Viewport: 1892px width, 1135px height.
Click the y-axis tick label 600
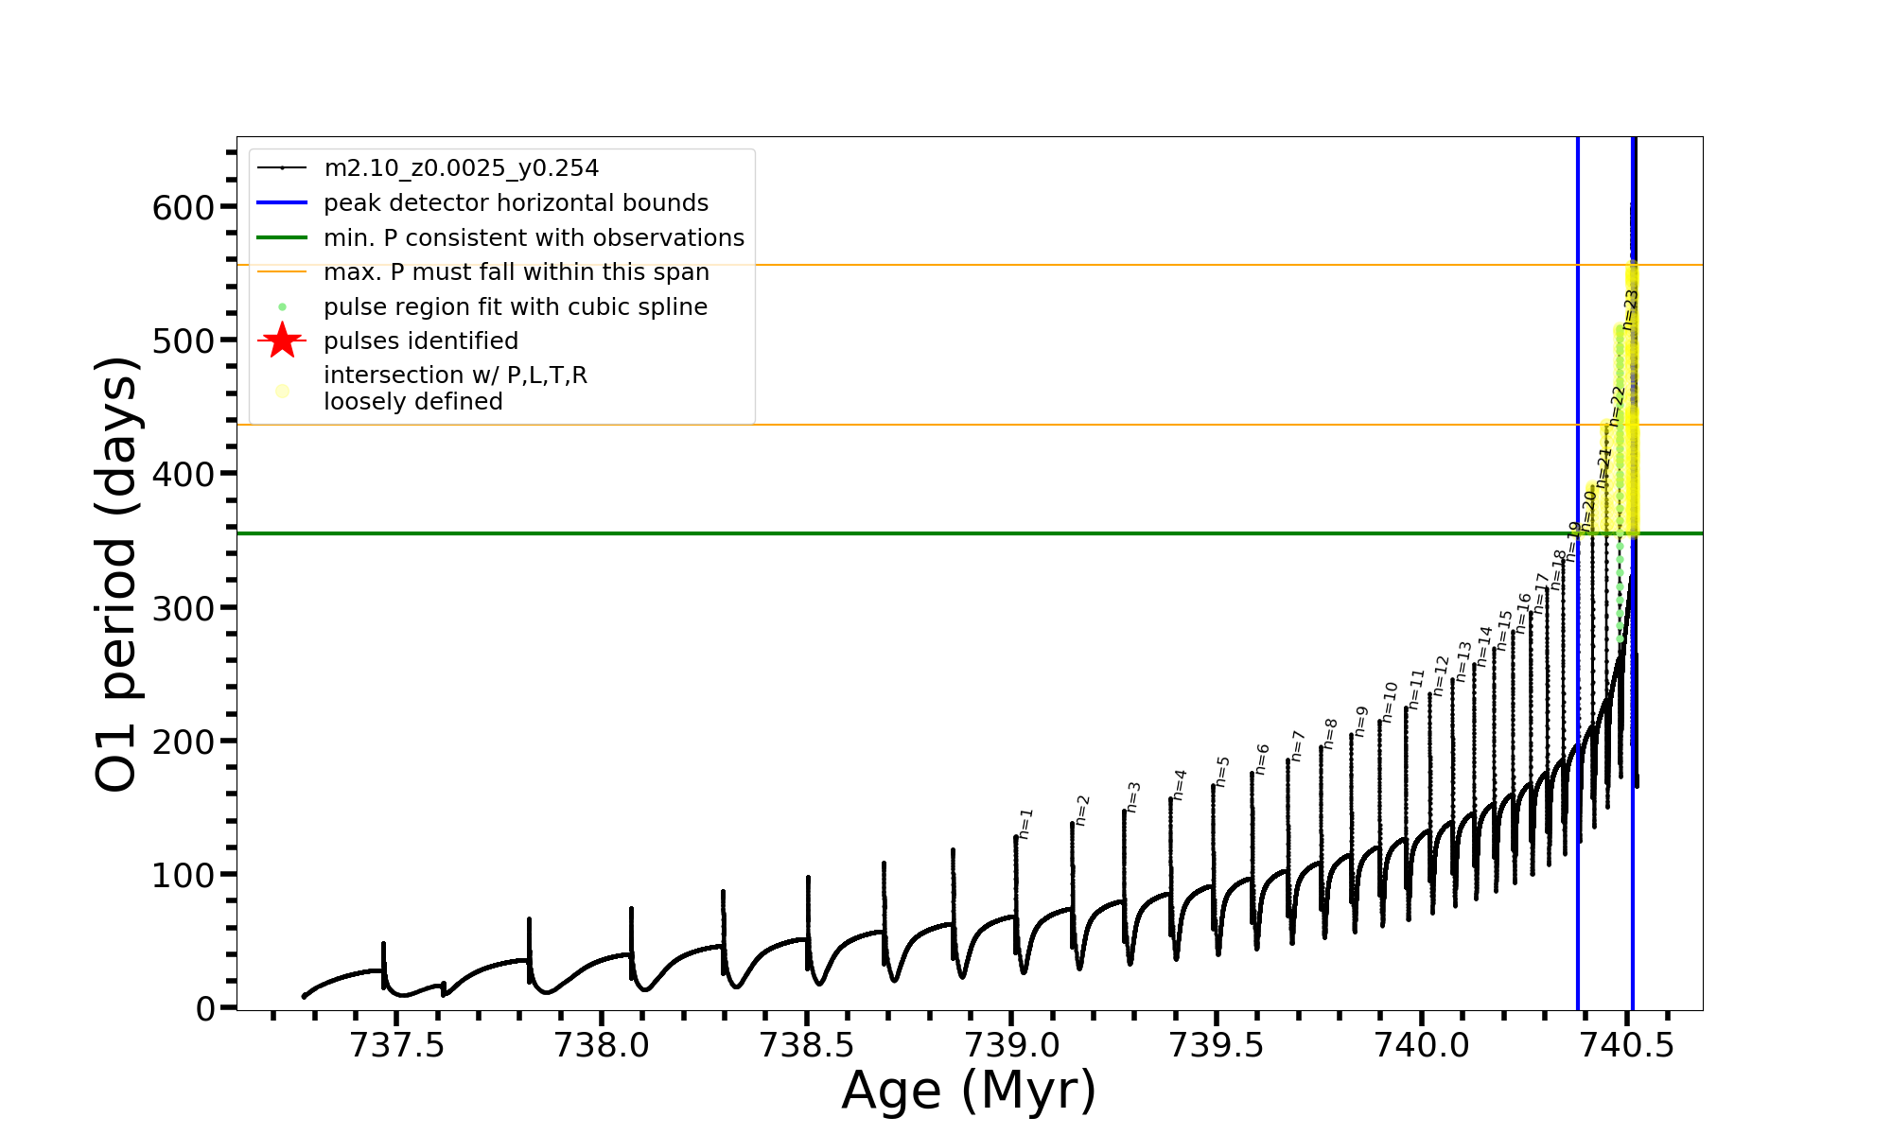[183, 207]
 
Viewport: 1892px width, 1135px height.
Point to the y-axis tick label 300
[183, 608]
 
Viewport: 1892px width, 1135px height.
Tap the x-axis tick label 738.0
[602, 1045]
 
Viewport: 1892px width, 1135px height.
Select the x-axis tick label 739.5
[1217, 1045]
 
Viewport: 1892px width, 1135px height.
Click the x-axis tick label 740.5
[1627, 1045]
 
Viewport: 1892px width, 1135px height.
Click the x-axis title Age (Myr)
[969, 1091]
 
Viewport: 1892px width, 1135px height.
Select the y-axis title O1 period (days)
[117, 574]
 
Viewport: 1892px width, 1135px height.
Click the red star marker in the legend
[282, 340]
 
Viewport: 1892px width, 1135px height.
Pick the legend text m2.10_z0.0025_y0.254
[461, 168]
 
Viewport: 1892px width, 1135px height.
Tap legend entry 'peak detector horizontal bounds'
[516, 203]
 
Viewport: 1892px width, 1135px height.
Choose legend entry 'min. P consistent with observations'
[534, 238]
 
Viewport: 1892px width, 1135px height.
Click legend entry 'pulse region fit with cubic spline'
[515, 307]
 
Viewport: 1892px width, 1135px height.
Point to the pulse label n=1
[1026, 824]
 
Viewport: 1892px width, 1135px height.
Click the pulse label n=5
[1222, 772]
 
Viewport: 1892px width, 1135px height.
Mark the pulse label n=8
[1330, 734]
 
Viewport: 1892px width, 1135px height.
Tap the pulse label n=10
[1390, 703]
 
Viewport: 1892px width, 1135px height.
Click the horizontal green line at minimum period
[851, 533]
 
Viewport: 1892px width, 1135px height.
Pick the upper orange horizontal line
[946, 266]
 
